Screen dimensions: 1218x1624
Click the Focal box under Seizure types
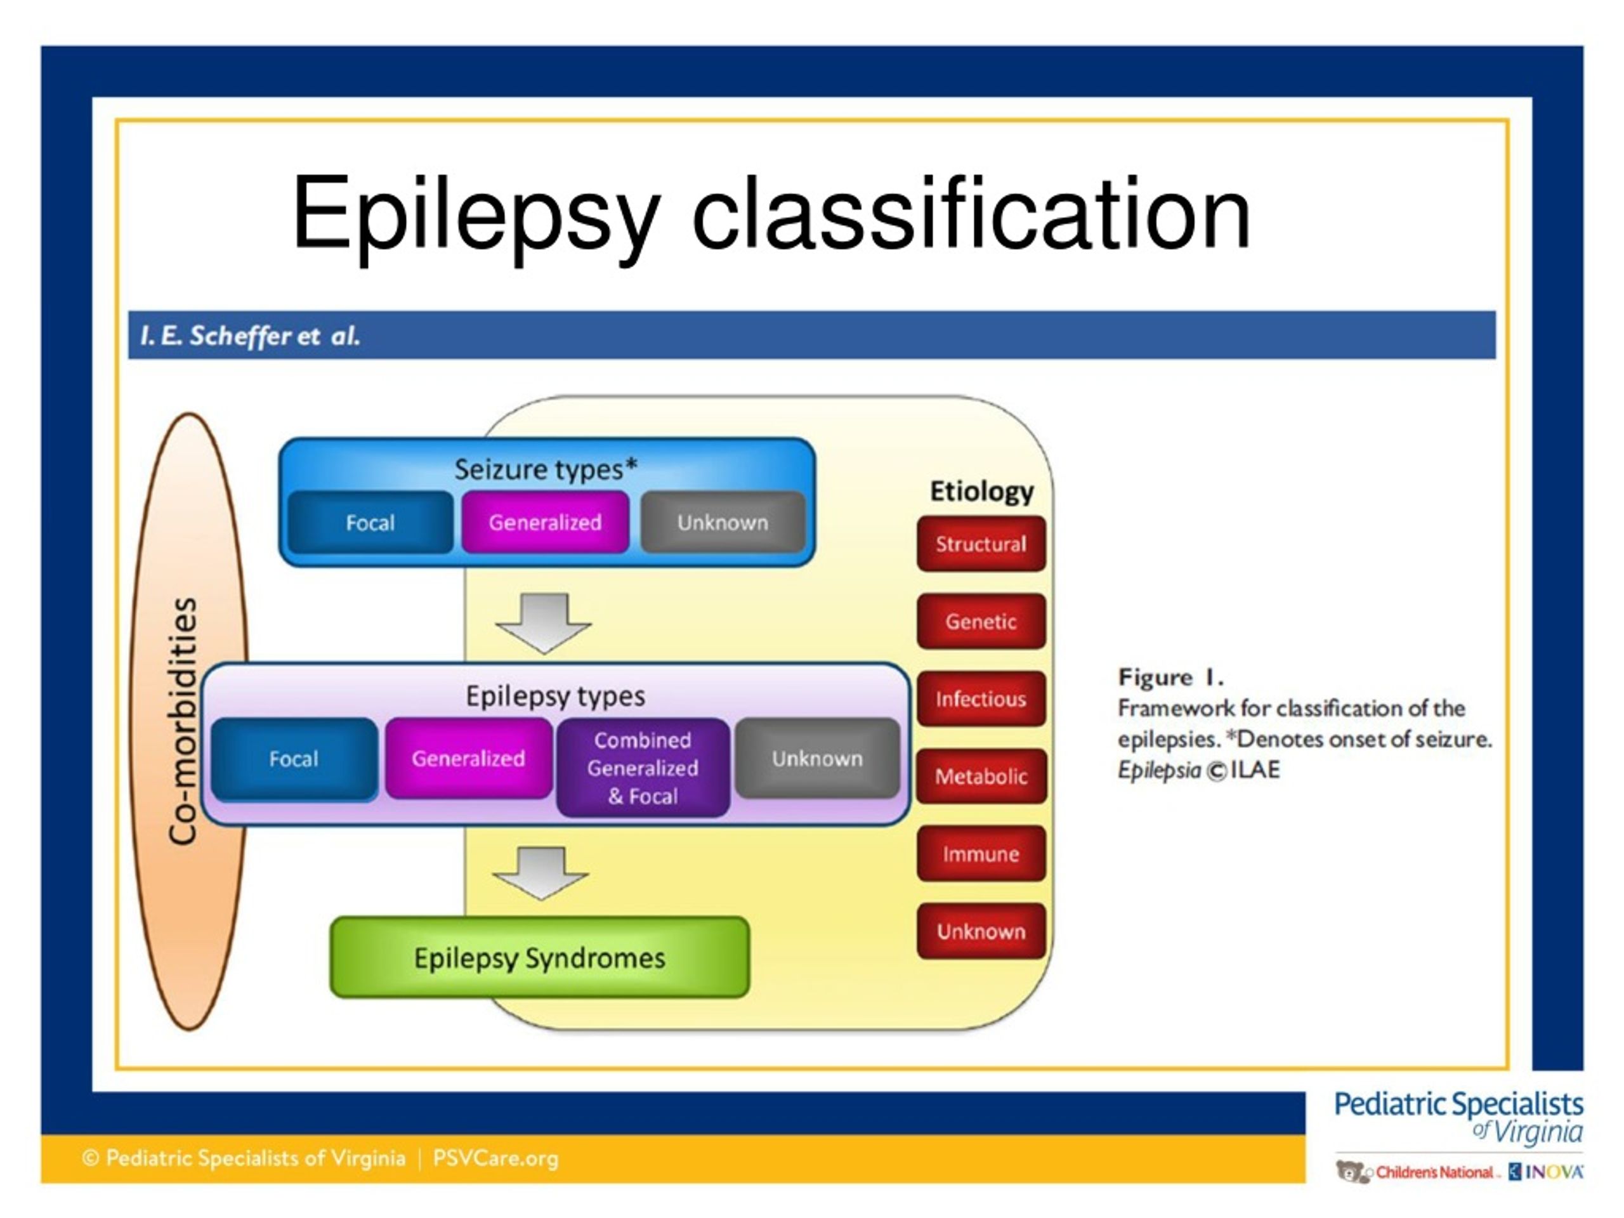pyautogui.click(x=370, y=522)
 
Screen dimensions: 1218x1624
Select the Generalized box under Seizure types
pyautogui.click(x=545, y=522)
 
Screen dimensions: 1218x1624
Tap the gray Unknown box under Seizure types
pyautogui.click(x=723, y=522)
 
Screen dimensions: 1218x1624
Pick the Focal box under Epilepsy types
pyautogui.click(x=294, y=759)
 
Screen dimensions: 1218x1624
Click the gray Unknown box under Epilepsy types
pyautogui.click(x=817, y=759)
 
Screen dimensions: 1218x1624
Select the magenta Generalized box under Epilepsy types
pyautogui.click(x=468, y=759)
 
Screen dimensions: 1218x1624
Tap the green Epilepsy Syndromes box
pyautogui.click(x=540, y=957)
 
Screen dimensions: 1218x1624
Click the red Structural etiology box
pyautogui.click(x=981, y=544)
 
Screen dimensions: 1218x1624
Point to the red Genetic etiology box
pyautogui.click(x=981, y=621)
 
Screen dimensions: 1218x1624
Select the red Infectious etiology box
pyautogui.click(x=981, y=699)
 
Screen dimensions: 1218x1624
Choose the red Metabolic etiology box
pyautogui.click(x=981, y=776)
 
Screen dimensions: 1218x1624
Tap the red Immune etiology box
pyautogui.click(x=981, y=854)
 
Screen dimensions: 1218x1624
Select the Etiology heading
pyautogui.click(x=981, y=490)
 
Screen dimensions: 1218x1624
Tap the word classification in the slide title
pyautogui.click(x=971, y=214)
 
